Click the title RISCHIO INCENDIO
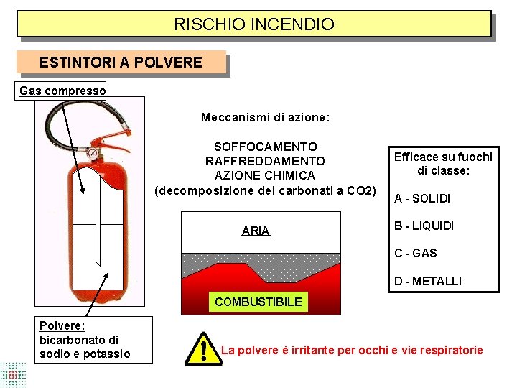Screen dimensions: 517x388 [x=254, y=24]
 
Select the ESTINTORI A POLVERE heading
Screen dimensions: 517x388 [x=121, y=63]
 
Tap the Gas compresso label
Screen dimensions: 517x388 [x=62, y=91]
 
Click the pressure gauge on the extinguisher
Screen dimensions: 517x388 [x=92, y=153]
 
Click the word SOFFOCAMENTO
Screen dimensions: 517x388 [x=266, y=147]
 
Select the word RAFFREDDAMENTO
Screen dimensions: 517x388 [x=266, y=161]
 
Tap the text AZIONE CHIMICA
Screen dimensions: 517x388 [x=265, y=175]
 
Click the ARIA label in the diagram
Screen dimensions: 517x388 [x=256, y=231]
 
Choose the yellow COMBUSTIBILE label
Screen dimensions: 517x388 [x=258, y=302]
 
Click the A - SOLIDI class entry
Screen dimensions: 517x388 [x=422, y=198]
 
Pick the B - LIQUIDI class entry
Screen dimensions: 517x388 [x=424, y=226]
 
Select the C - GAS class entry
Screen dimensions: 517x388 [x=415, y=253]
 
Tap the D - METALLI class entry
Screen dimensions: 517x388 [x=428, y=281]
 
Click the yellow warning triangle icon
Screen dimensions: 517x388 [x=203, y=350]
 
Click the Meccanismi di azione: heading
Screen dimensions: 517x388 [x=266, y=117]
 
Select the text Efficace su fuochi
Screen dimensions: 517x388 [x=442, y=157]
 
